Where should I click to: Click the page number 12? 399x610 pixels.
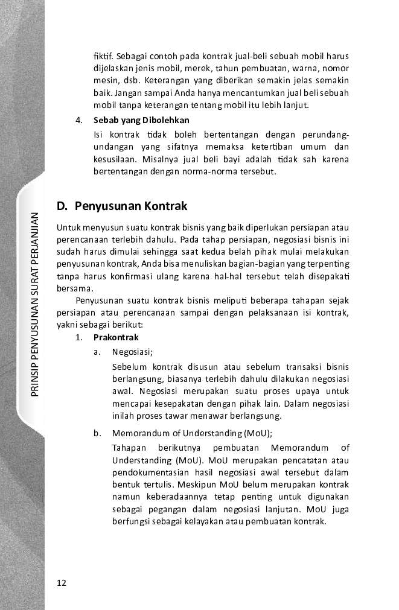tap(62, 583)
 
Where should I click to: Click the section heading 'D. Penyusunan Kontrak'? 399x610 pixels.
tap(122, 206)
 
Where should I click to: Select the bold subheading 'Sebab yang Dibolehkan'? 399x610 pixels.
tap(141, 119)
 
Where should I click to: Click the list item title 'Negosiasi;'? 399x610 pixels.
tap(132, 352)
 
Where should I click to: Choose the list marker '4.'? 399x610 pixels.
tap(79, 119)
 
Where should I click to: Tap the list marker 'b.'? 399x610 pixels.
tap(97, 433)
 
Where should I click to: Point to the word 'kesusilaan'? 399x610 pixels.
tap(113, 159)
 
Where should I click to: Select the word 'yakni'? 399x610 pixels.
tap(66, 324)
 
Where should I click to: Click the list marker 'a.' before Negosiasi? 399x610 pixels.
tap(97, 352)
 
